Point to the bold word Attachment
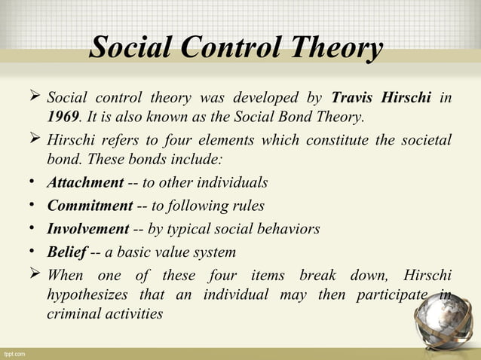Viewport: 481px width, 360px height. pyautogui.click(x=84, y=182)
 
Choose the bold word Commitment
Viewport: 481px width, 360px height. pyautogui.click(x=88, y=206)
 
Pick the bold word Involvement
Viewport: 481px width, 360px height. pyautogui.click(x=87, y=228)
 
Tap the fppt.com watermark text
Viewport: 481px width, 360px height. pyautogui.click(x=15, y=352)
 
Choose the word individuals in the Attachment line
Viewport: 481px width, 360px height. pyautogui.click(x=236, y=182)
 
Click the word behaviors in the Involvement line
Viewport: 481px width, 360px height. pyautogui.click(x=290, y=228)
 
